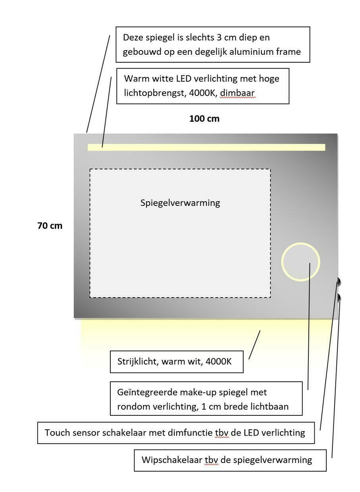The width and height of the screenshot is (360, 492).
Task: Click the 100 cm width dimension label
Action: click(204, 119)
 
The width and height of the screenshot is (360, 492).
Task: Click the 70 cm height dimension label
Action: click(50, 226)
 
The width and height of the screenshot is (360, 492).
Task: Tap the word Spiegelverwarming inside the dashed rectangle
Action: click(180, 203)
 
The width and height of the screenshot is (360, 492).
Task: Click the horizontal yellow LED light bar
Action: click(206, 147)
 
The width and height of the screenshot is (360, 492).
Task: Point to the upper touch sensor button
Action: click(339, 282)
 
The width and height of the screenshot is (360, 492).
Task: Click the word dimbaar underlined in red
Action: click(237, 93)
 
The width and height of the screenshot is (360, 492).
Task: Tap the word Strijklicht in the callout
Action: click(137, 361)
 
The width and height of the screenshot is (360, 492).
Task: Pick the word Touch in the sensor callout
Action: click(58, 432)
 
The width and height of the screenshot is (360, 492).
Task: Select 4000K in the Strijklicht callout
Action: click(218, 361)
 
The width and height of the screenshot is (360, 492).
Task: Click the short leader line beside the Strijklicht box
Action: click(254, 345)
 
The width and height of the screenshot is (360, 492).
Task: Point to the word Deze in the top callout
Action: click(133, 38)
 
